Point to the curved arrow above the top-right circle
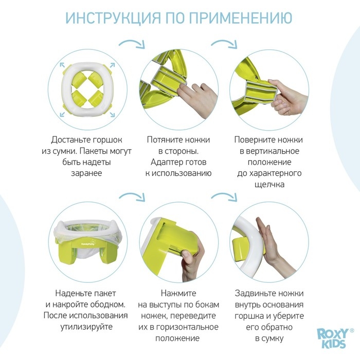225,45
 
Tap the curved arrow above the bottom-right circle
225,197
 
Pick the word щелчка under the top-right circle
268,184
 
